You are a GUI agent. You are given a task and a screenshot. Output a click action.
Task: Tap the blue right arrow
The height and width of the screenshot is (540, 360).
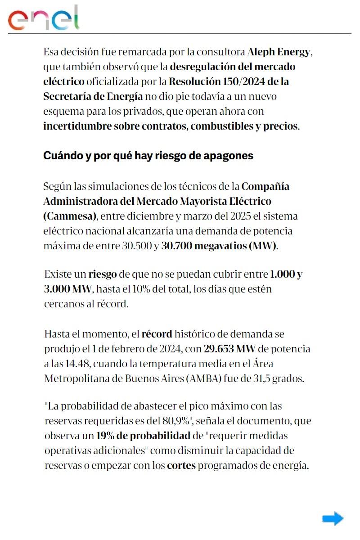(x=333, y=518)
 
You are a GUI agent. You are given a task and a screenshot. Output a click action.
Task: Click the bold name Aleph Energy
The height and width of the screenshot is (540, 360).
(x=279, y=52)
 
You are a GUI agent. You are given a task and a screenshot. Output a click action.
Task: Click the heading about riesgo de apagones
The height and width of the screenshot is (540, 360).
(x=148, y=156)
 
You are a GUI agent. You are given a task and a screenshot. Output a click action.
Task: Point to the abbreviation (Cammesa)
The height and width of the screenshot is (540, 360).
(x=70, y=216)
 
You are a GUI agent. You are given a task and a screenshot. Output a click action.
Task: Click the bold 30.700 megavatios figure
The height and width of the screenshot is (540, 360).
(x=220, y=246)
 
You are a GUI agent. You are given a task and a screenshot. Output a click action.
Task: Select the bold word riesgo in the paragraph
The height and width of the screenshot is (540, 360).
(x=102, y=274)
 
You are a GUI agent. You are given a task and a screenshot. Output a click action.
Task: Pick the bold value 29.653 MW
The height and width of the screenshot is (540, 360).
(x=230, y=349)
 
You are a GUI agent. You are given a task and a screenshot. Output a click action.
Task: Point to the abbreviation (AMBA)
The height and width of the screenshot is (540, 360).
(x=203, y=378)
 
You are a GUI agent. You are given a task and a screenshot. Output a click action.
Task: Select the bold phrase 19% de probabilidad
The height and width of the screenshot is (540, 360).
(x=143, y=436)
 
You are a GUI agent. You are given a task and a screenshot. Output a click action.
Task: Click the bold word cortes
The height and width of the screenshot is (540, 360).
(x=181, y=465)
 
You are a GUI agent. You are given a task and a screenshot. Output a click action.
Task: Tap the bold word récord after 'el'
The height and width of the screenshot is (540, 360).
(x=157, y=334)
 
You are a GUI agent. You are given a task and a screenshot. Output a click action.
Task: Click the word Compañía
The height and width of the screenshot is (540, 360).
(x=265, y=186)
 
